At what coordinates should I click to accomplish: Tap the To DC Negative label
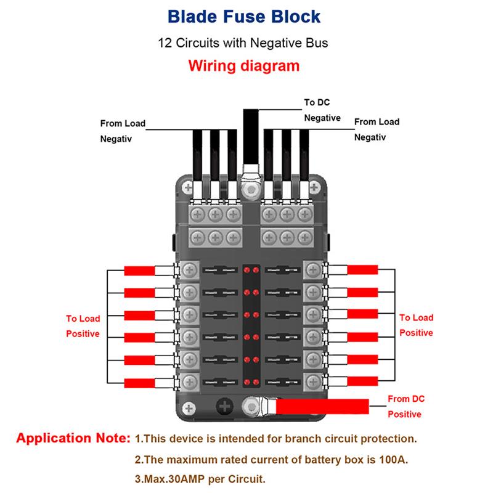(x=322, y=110)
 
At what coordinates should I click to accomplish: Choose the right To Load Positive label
(x=416, y=325)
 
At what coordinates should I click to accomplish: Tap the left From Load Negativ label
(x=123, y=131)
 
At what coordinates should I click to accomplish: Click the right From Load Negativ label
(x=377, y=129)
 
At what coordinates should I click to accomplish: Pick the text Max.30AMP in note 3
(x=174, y=478)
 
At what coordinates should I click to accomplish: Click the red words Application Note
(x=73, y=439)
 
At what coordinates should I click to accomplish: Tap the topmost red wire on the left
(x=140, y=271)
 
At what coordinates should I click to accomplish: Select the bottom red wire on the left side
(x=140, y=382)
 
